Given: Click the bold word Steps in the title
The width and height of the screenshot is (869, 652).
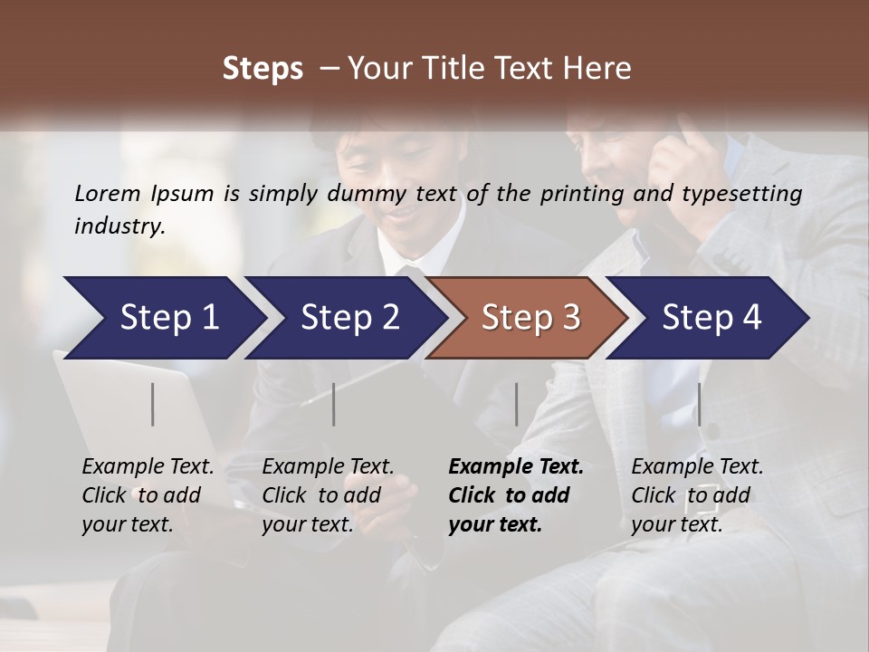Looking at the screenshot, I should pos(263,69).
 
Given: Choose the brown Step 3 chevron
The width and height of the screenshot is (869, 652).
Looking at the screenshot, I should pos(530,318).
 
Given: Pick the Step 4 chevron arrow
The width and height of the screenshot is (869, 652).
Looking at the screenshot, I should pos(711,318).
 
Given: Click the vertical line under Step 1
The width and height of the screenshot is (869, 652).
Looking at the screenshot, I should pos(153,404).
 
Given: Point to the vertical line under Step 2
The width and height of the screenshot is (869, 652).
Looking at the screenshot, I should pos(334,404).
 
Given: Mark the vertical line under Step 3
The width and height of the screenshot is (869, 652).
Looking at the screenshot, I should pos(517,404).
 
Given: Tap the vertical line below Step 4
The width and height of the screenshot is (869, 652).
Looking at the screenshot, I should pos(700,404).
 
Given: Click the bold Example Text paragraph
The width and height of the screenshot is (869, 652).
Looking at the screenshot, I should pos(516,495).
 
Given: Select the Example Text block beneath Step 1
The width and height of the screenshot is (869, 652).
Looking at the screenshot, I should pos(148,495).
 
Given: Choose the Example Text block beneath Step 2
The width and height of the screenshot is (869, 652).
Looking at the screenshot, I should pos(328,495).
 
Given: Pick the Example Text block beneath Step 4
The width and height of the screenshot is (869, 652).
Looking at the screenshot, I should pos(697,495).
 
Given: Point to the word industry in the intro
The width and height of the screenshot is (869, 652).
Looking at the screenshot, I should pos(119,225).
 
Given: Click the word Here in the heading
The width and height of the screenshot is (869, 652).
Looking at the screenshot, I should pos(599,69).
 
